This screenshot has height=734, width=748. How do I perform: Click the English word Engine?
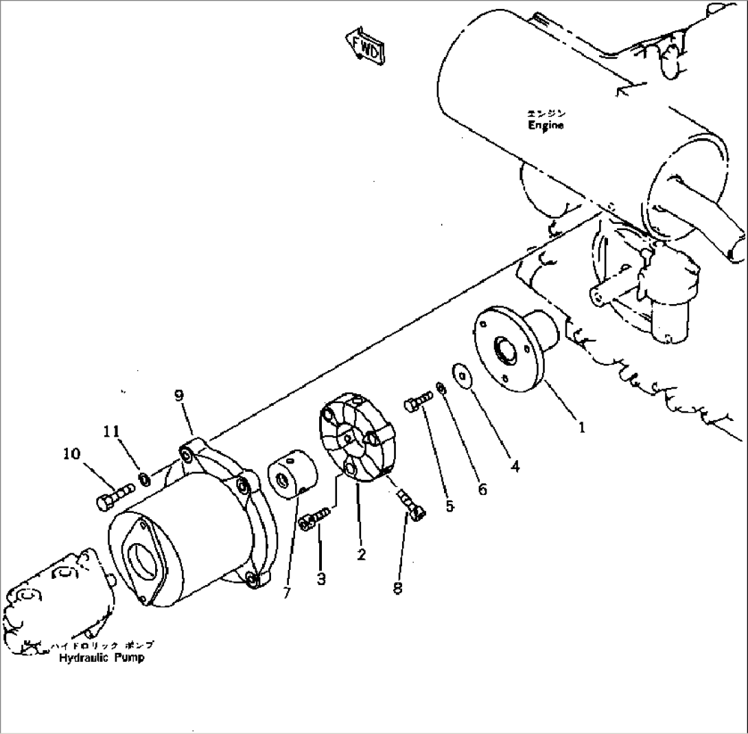(546, 126)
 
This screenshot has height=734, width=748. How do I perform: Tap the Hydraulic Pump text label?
(101, 657)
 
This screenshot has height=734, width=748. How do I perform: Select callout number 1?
(581, 427)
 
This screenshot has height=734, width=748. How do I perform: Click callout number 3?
(321, 579)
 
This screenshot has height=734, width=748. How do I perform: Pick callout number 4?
(515, 466)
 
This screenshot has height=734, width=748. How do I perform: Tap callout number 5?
(449, 506)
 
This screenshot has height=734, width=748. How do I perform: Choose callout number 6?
(482, 489)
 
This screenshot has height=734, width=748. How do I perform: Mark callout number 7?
(286, 592)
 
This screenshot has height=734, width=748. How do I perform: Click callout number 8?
(398, 588)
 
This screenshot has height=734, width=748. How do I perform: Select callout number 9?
(179, 395)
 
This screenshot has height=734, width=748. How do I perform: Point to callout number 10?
(71, 454)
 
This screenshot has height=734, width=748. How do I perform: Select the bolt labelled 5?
(419, 400)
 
